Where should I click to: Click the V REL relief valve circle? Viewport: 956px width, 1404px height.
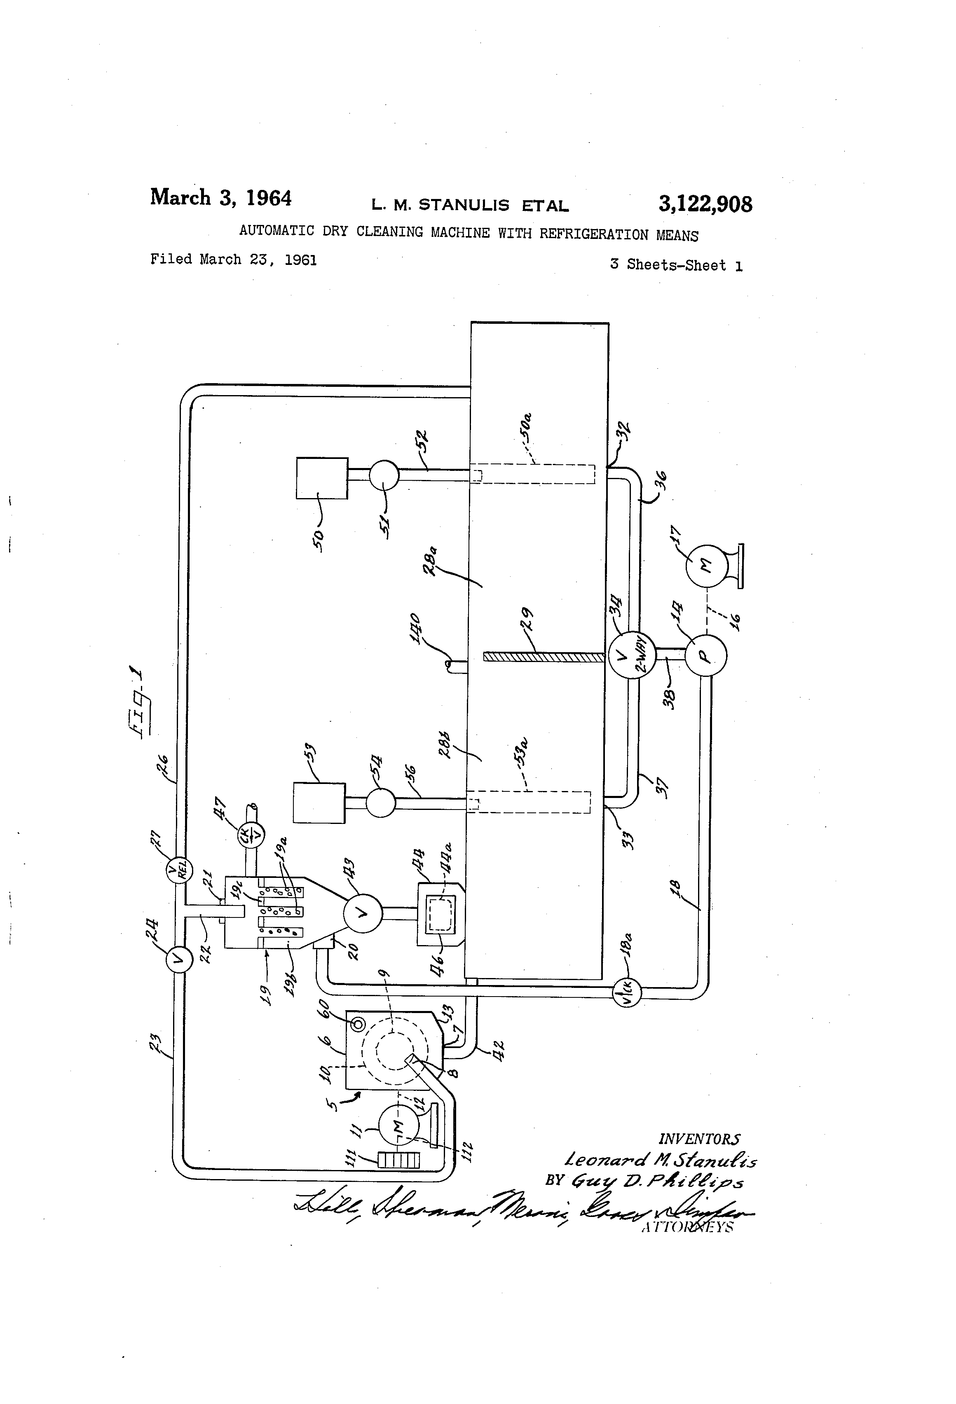click(x=179, y=870)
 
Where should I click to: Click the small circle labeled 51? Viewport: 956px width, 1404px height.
click(x=384, y=475)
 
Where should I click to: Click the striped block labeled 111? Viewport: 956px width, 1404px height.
click(x=398, y=1161)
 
